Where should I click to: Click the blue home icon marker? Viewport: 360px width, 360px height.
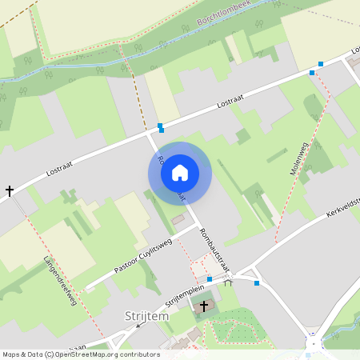click(180, 173)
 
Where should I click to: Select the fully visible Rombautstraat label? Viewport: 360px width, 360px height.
click(214, 249)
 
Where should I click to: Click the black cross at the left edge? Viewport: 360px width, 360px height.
click(10, 191)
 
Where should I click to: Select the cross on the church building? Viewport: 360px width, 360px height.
click(204, 306)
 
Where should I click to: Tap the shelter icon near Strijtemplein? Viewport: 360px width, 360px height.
click(228, 282)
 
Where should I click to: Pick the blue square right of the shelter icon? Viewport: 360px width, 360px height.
click(257, 282)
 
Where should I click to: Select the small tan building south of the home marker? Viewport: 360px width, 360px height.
click(178, 219)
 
